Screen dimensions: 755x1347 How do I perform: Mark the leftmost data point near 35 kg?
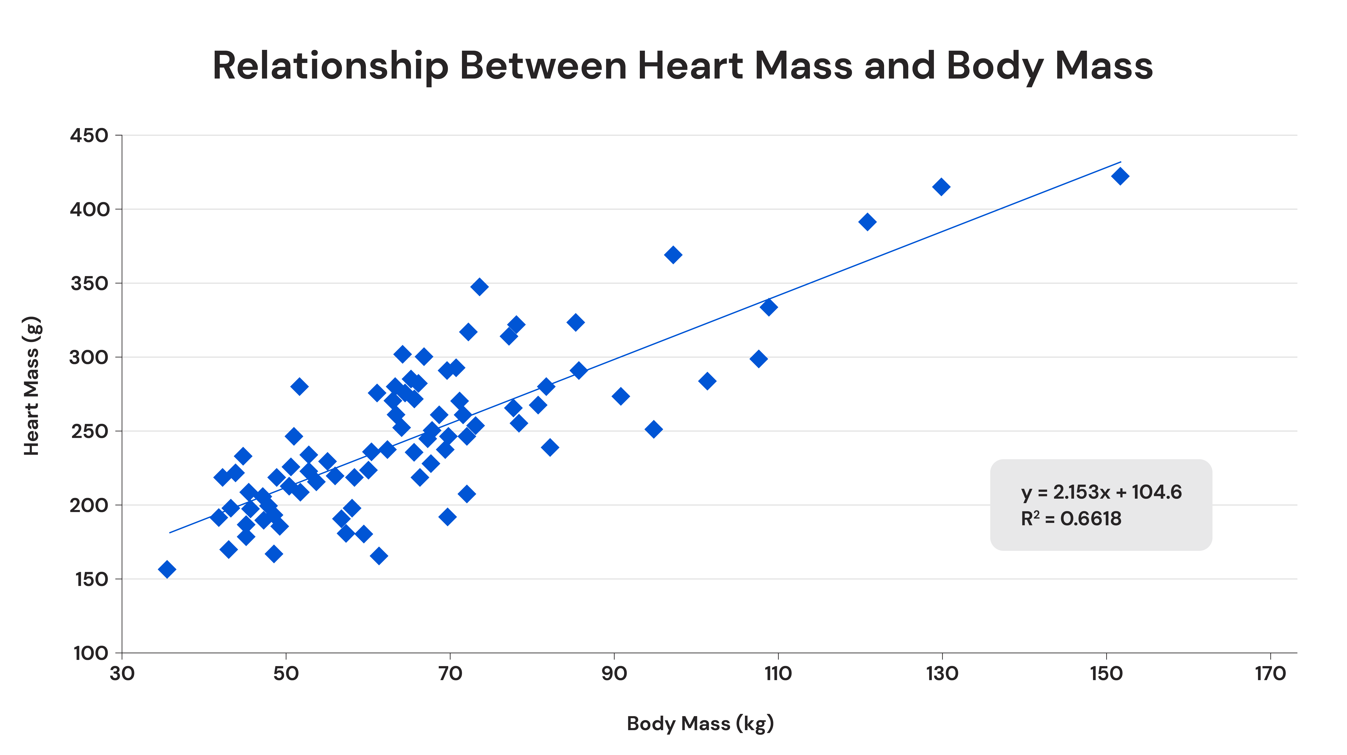point(167,569)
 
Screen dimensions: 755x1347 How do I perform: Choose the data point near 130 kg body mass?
point(941,187)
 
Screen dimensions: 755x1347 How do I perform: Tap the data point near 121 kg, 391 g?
point(867,222)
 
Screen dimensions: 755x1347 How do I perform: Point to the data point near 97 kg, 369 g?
point(673,255)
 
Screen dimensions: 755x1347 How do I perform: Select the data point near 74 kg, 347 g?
point(479,287)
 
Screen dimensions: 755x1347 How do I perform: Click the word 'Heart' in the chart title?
point(690,66)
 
